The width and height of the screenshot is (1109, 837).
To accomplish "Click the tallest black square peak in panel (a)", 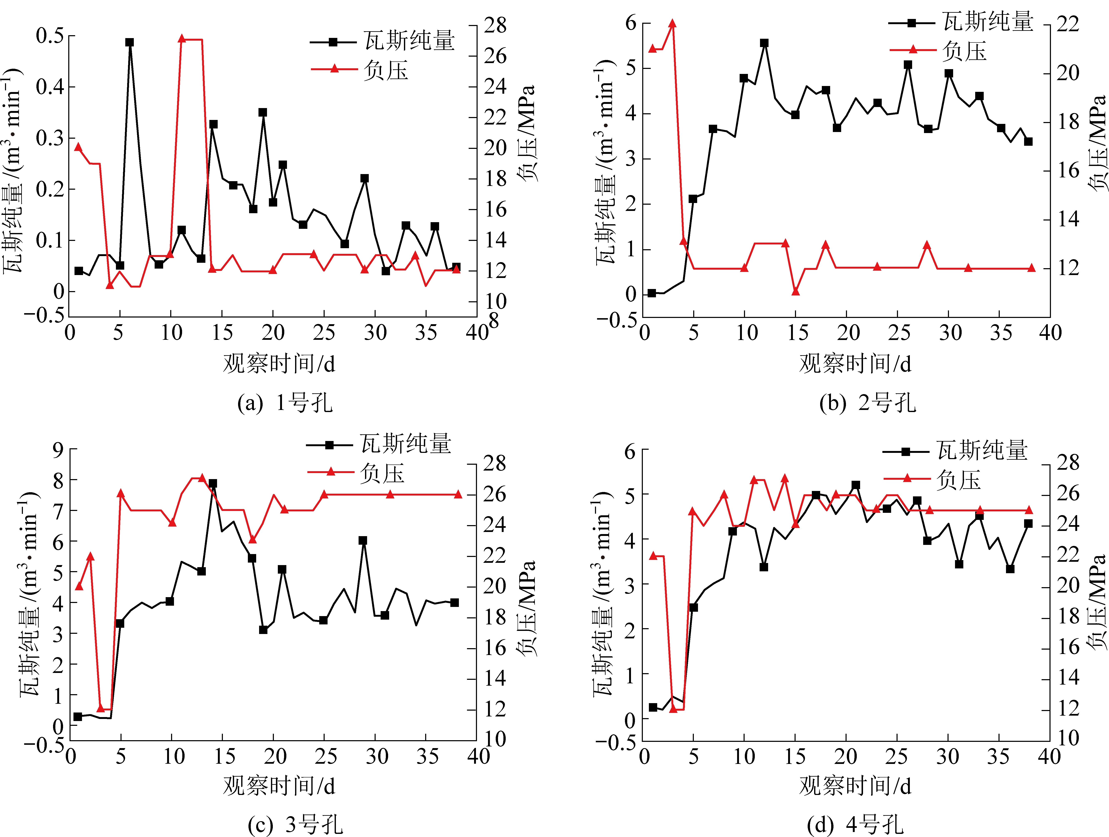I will tap(130, 43).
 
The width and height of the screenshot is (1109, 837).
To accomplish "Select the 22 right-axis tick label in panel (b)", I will tap(1068, 24).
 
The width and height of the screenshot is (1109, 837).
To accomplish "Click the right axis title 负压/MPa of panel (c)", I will tap(527, 608).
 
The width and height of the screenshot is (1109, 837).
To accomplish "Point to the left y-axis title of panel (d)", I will tap(603, 594).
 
